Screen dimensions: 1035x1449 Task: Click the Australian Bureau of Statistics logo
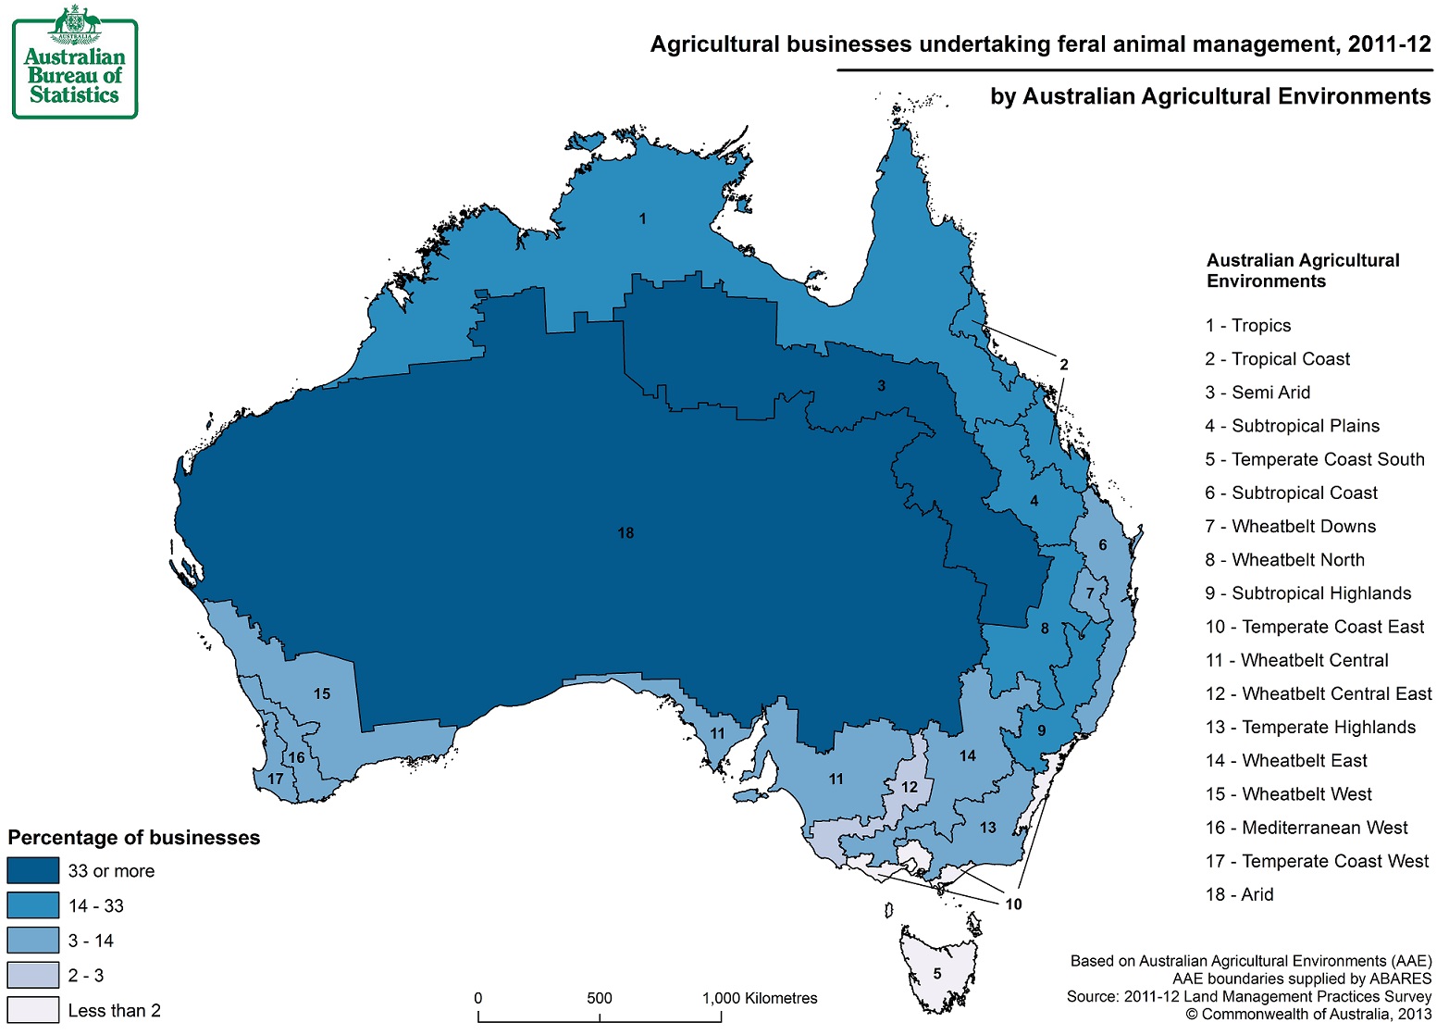[x=75, y=63]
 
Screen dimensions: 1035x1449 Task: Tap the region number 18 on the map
[x=625, y=533]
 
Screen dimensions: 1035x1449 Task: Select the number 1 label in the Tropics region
[x=642, y=219]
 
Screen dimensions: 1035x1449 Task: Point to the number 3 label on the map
[x=881, y=386]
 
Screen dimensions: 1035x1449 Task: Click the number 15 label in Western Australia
[x=322, y=694]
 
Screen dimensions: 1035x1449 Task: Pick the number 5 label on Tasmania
[x=937, y=973]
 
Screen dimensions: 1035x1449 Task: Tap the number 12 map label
[x=910, y=788]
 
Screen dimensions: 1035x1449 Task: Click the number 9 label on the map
[x=1041, y=731]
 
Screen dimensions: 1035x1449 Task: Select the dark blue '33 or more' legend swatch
[x=33, y=871]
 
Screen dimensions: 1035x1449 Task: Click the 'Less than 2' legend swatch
[x=33, y=1010]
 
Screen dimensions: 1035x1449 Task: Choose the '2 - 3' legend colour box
[x=33, y=976]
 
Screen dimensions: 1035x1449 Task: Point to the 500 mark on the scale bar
[x=599, y=998]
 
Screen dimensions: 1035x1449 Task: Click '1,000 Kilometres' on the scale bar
[x=760, y=998]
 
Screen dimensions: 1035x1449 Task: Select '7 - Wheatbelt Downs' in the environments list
[x=1290, y=527]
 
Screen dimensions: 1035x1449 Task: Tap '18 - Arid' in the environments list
[x=1239, y=894]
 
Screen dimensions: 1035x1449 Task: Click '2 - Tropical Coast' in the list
[x=1277, y=359]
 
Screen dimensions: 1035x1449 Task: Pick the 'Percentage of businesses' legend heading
[x=134, y=838]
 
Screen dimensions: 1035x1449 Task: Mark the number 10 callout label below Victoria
[x=1013, y=904]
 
